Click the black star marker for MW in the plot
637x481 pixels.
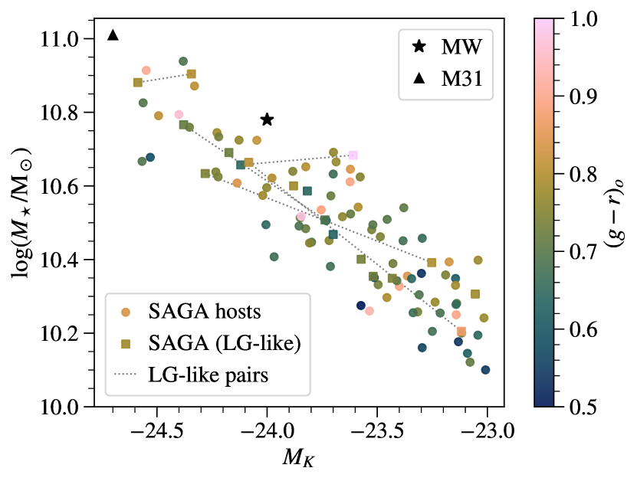(267, 119)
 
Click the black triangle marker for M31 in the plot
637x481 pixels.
(113, 34)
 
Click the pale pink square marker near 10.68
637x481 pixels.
(353, 155)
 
